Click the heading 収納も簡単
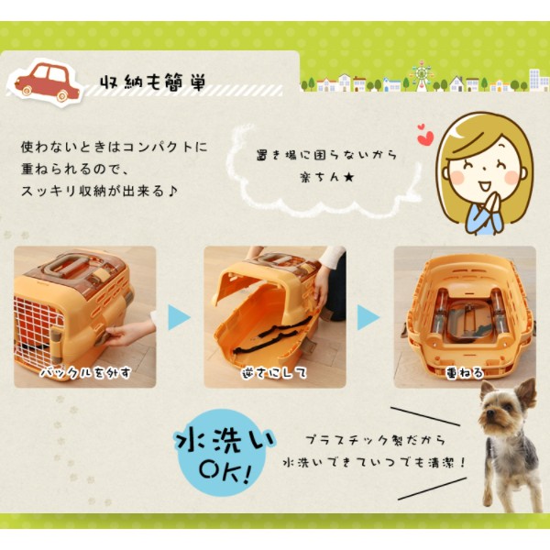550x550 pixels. coord(152,82)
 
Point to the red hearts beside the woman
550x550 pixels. coord(425,135)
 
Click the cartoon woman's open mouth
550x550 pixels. coord(485,185)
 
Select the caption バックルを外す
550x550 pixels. coord(85,372)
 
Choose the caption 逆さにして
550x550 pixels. coord(274,372)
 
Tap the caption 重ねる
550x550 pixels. coord(465,372)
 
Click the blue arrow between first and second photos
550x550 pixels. coord(179,317)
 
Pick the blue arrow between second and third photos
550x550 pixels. coord(368,317)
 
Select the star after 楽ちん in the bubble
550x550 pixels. coord(348,178)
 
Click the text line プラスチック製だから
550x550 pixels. coord(375,440)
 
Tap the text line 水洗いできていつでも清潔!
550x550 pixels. coord(374,463)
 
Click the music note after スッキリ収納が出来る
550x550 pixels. coord(172,192)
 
